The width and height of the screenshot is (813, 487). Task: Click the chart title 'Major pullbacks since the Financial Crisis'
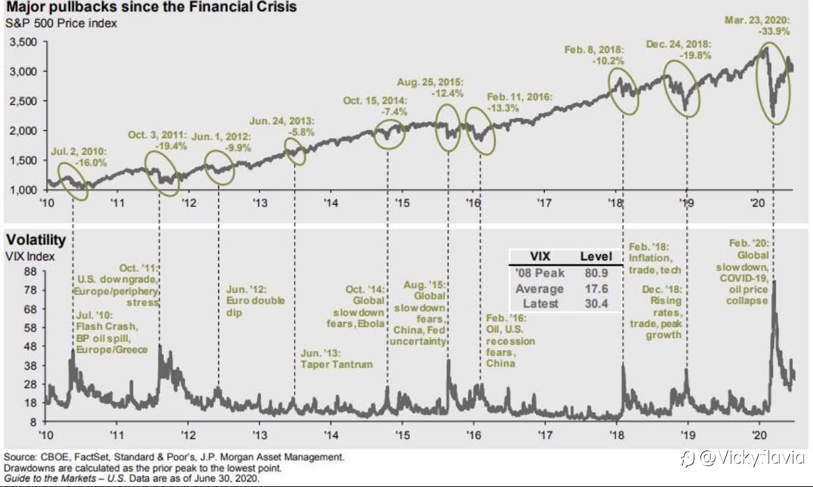coord(150,8)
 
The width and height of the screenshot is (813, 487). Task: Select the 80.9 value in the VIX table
coord(597,273)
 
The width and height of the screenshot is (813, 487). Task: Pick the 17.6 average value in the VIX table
coord(597,289)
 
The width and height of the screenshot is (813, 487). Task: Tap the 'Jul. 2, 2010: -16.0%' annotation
coord(79,156)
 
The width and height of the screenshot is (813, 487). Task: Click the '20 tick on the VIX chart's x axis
coord(758,434)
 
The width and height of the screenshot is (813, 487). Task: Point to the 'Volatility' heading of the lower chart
coord(36,239)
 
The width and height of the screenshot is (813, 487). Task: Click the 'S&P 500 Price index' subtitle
coord(61,24)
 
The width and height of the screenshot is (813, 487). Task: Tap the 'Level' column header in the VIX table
coord(596,256)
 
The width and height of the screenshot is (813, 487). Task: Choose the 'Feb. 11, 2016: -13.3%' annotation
coord(519,103)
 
